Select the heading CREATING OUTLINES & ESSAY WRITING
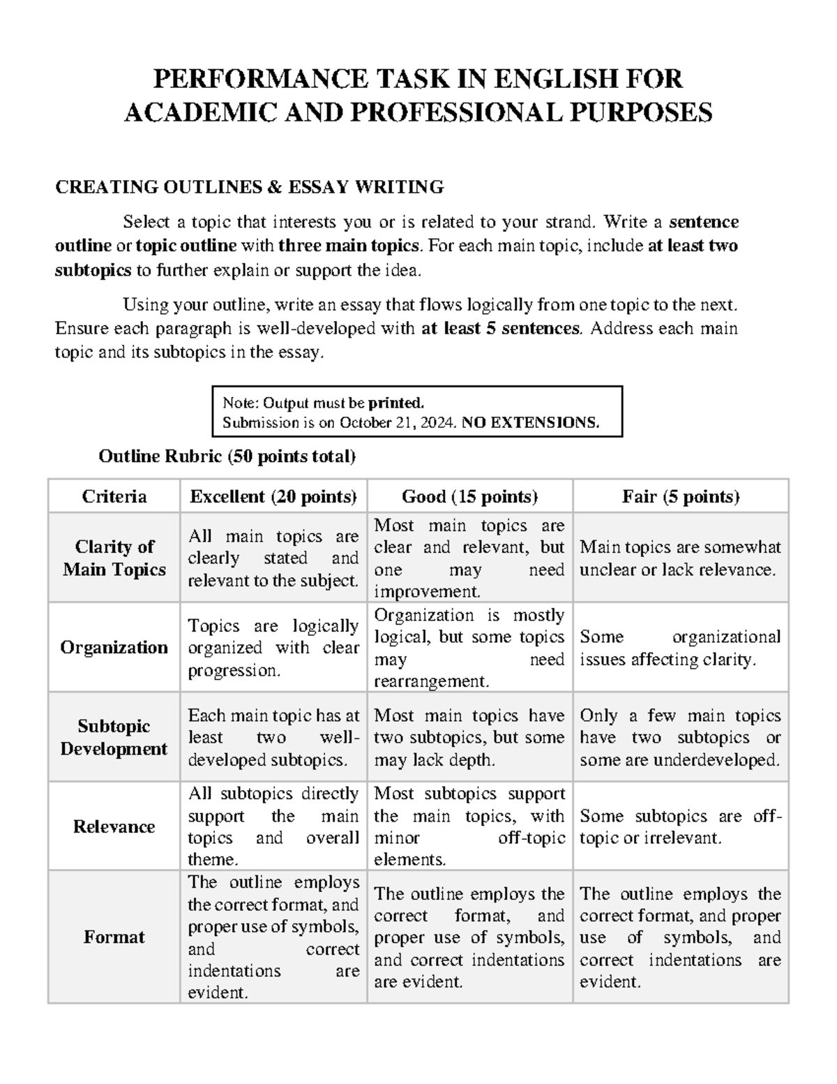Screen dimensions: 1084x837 click(x=249, y=187)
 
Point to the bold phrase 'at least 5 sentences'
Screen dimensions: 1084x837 click(x=501, y=328)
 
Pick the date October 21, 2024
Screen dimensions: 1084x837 click(x=396, y=422)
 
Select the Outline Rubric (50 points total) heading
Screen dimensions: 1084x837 click(x=227, y=456)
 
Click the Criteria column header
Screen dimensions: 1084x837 click(x=114, y=496)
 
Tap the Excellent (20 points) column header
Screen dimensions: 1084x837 click(x=273, y=496)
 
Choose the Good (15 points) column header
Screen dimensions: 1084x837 click(x=469, y=496)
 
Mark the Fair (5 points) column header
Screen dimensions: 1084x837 click(x=680, y=496)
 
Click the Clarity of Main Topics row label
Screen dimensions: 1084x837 click(x=114, y=558)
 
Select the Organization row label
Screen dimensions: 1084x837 click(x=114, y=647)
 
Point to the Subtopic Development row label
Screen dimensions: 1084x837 click(x=114, y=737)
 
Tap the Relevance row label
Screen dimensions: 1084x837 click(x=114, y=826)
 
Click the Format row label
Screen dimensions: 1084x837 click(x=114, y=937)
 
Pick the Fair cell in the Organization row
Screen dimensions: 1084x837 click(x=680, y=648)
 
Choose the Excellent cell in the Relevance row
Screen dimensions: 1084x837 click(x=273, y=826)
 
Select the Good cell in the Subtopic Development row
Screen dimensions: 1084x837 click(x=469, y=737)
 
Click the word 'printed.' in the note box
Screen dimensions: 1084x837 click(x=396, y=403)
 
